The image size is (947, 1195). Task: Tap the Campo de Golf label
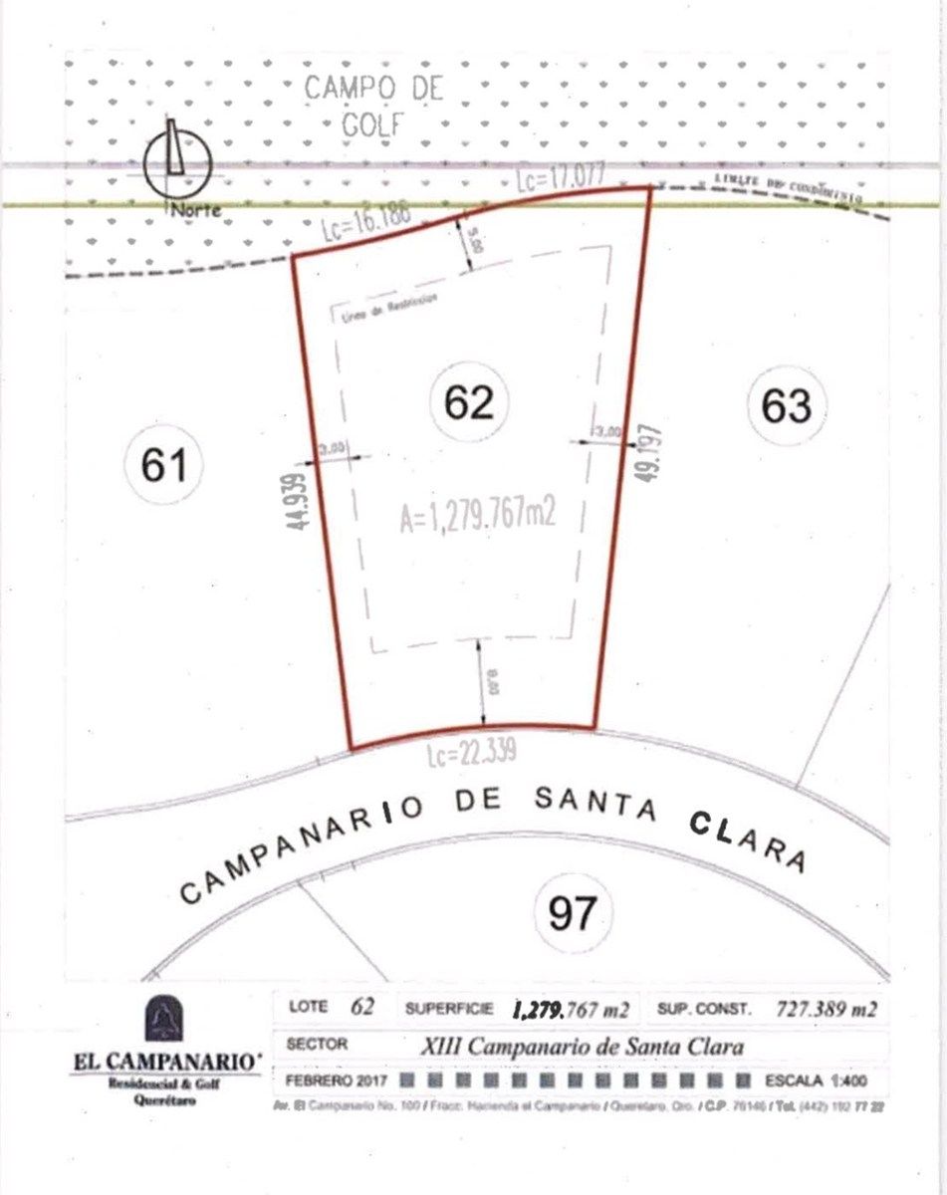point(373,106)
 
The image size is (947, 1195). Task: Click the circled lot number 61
point(164,465)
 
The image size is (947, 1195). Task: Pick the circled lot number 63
point(787,406)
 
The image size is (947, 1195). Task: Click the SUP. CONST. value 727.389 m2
point(826,1009)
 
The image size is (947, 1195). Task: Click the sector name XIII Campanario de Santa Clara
point(583,1046)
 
